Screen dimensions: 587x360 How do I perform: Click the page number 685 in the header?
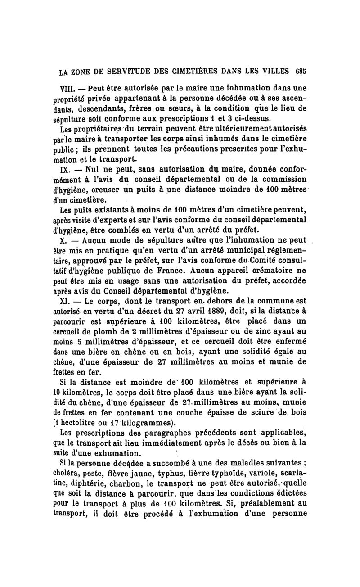pyautogui.click(x=301, y=71)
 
